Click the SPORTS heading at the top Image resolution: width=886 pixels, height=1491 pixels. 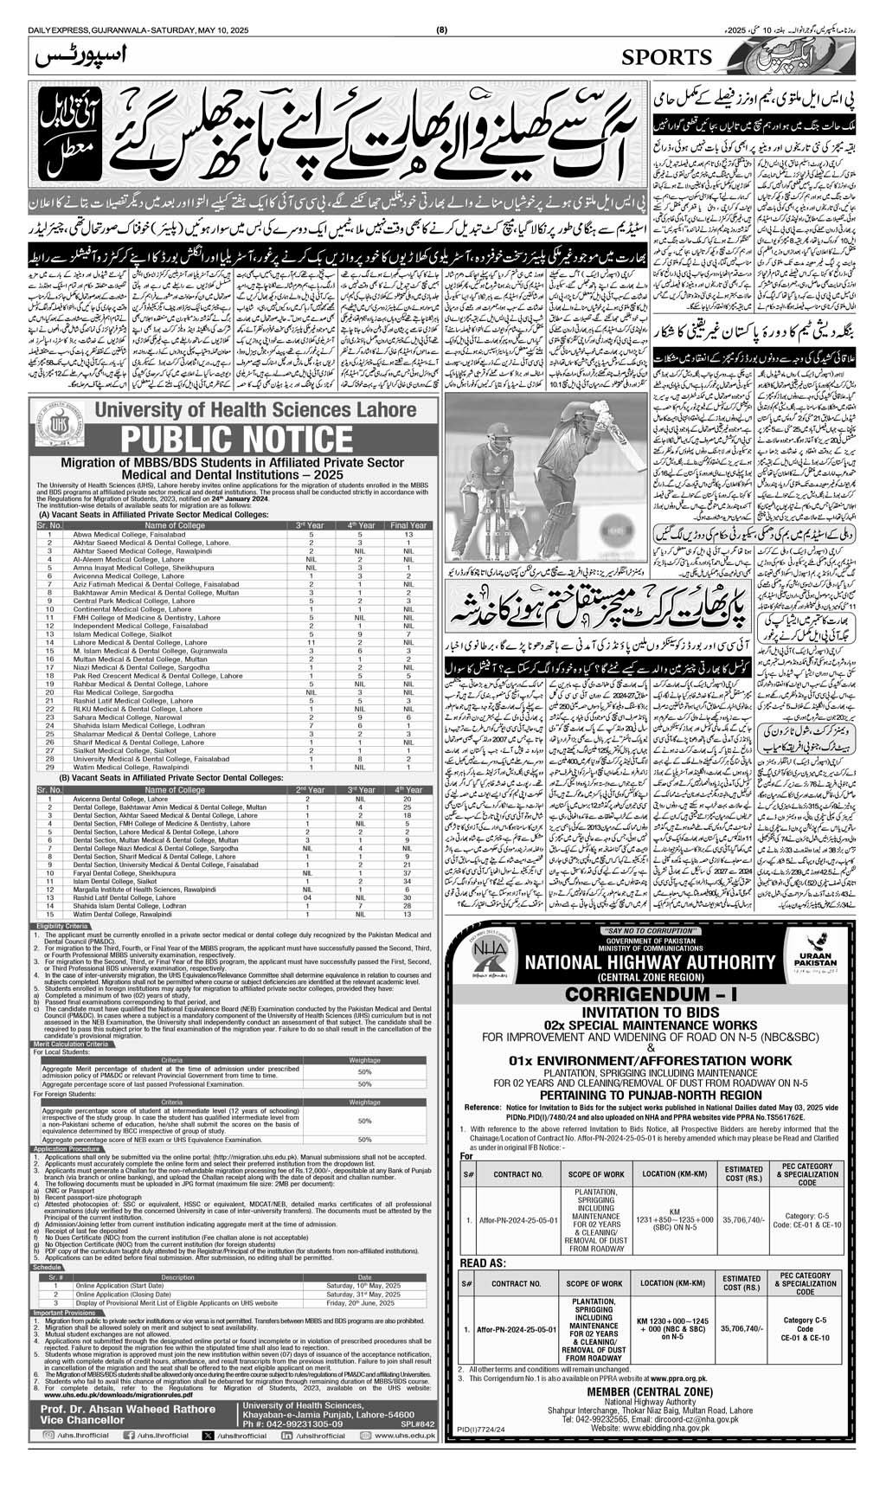coord(666,57)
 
